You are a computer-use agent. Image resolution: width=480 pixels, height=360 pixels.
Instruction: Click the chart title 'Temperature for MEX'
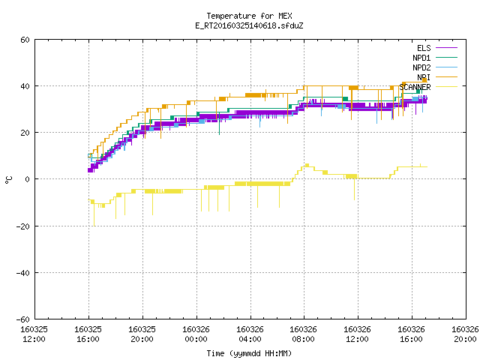coord(249,16)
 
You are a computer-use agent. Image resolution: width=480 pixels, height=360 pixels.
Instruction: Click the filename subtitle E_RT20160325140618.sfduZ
coord(249,25)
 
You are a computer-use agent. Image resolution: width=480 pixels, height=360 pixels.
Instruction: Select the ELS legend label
coord(424,48)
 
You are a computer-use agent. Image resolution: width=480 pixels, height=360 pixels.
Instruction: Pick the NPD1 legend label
coord(421,58)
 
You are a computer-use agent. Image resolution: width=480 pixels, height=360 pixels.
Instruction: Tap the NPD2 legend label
coord(421,67)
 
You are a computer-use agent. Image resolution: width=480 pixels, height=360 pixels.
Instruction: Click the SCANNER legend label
coord(415,87)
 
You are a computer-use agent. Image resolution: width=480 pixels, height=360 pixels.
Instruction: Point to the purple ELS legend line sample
coord(446,48)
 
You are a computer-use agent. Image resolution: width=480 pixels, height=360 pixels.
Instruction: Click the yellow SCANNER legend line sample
coord(446,87)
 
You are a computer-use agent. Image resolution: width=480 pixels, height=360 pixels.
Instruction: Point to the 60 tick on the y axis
coord(25,40)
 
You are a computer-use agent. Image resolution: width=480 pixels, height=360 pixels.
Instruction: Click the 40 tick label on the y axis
coord(25,86)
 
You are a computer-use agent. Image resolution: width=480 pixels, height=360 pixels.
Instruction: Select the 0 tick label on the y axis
coord(28,179)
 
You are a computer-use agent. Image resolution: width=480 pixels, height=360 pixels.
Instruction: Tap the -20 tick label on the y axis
coord(23,226)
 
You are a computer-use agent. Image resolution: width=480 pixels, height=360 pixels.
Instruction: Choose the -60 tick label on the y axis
coord(23,319)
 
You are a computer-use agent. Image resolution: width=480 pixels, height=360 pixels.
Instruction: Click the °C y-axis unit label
coord(8,180)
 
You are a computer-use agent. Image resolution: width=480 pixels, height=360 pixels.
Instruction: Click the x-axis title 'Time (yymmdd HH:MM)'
coord(249,353)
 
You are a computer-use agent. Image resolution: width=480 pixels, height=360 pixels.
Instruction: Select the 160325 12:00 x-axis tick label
coord(34,334)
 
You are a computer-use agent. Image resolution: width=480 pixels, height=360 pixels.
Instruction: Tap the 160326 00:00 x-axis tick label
coord(196,334)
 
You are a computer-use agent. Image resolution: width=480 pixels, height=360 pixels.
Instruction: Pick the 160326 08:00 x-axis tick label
coord(303,334)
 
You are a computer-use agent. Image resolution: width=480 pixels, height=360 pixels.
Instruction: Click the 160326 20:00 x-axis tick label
coord(465,334)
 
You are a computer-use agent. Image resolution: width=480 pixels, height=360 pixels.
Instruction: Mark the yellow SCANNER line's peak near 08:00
coord(307,165)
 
